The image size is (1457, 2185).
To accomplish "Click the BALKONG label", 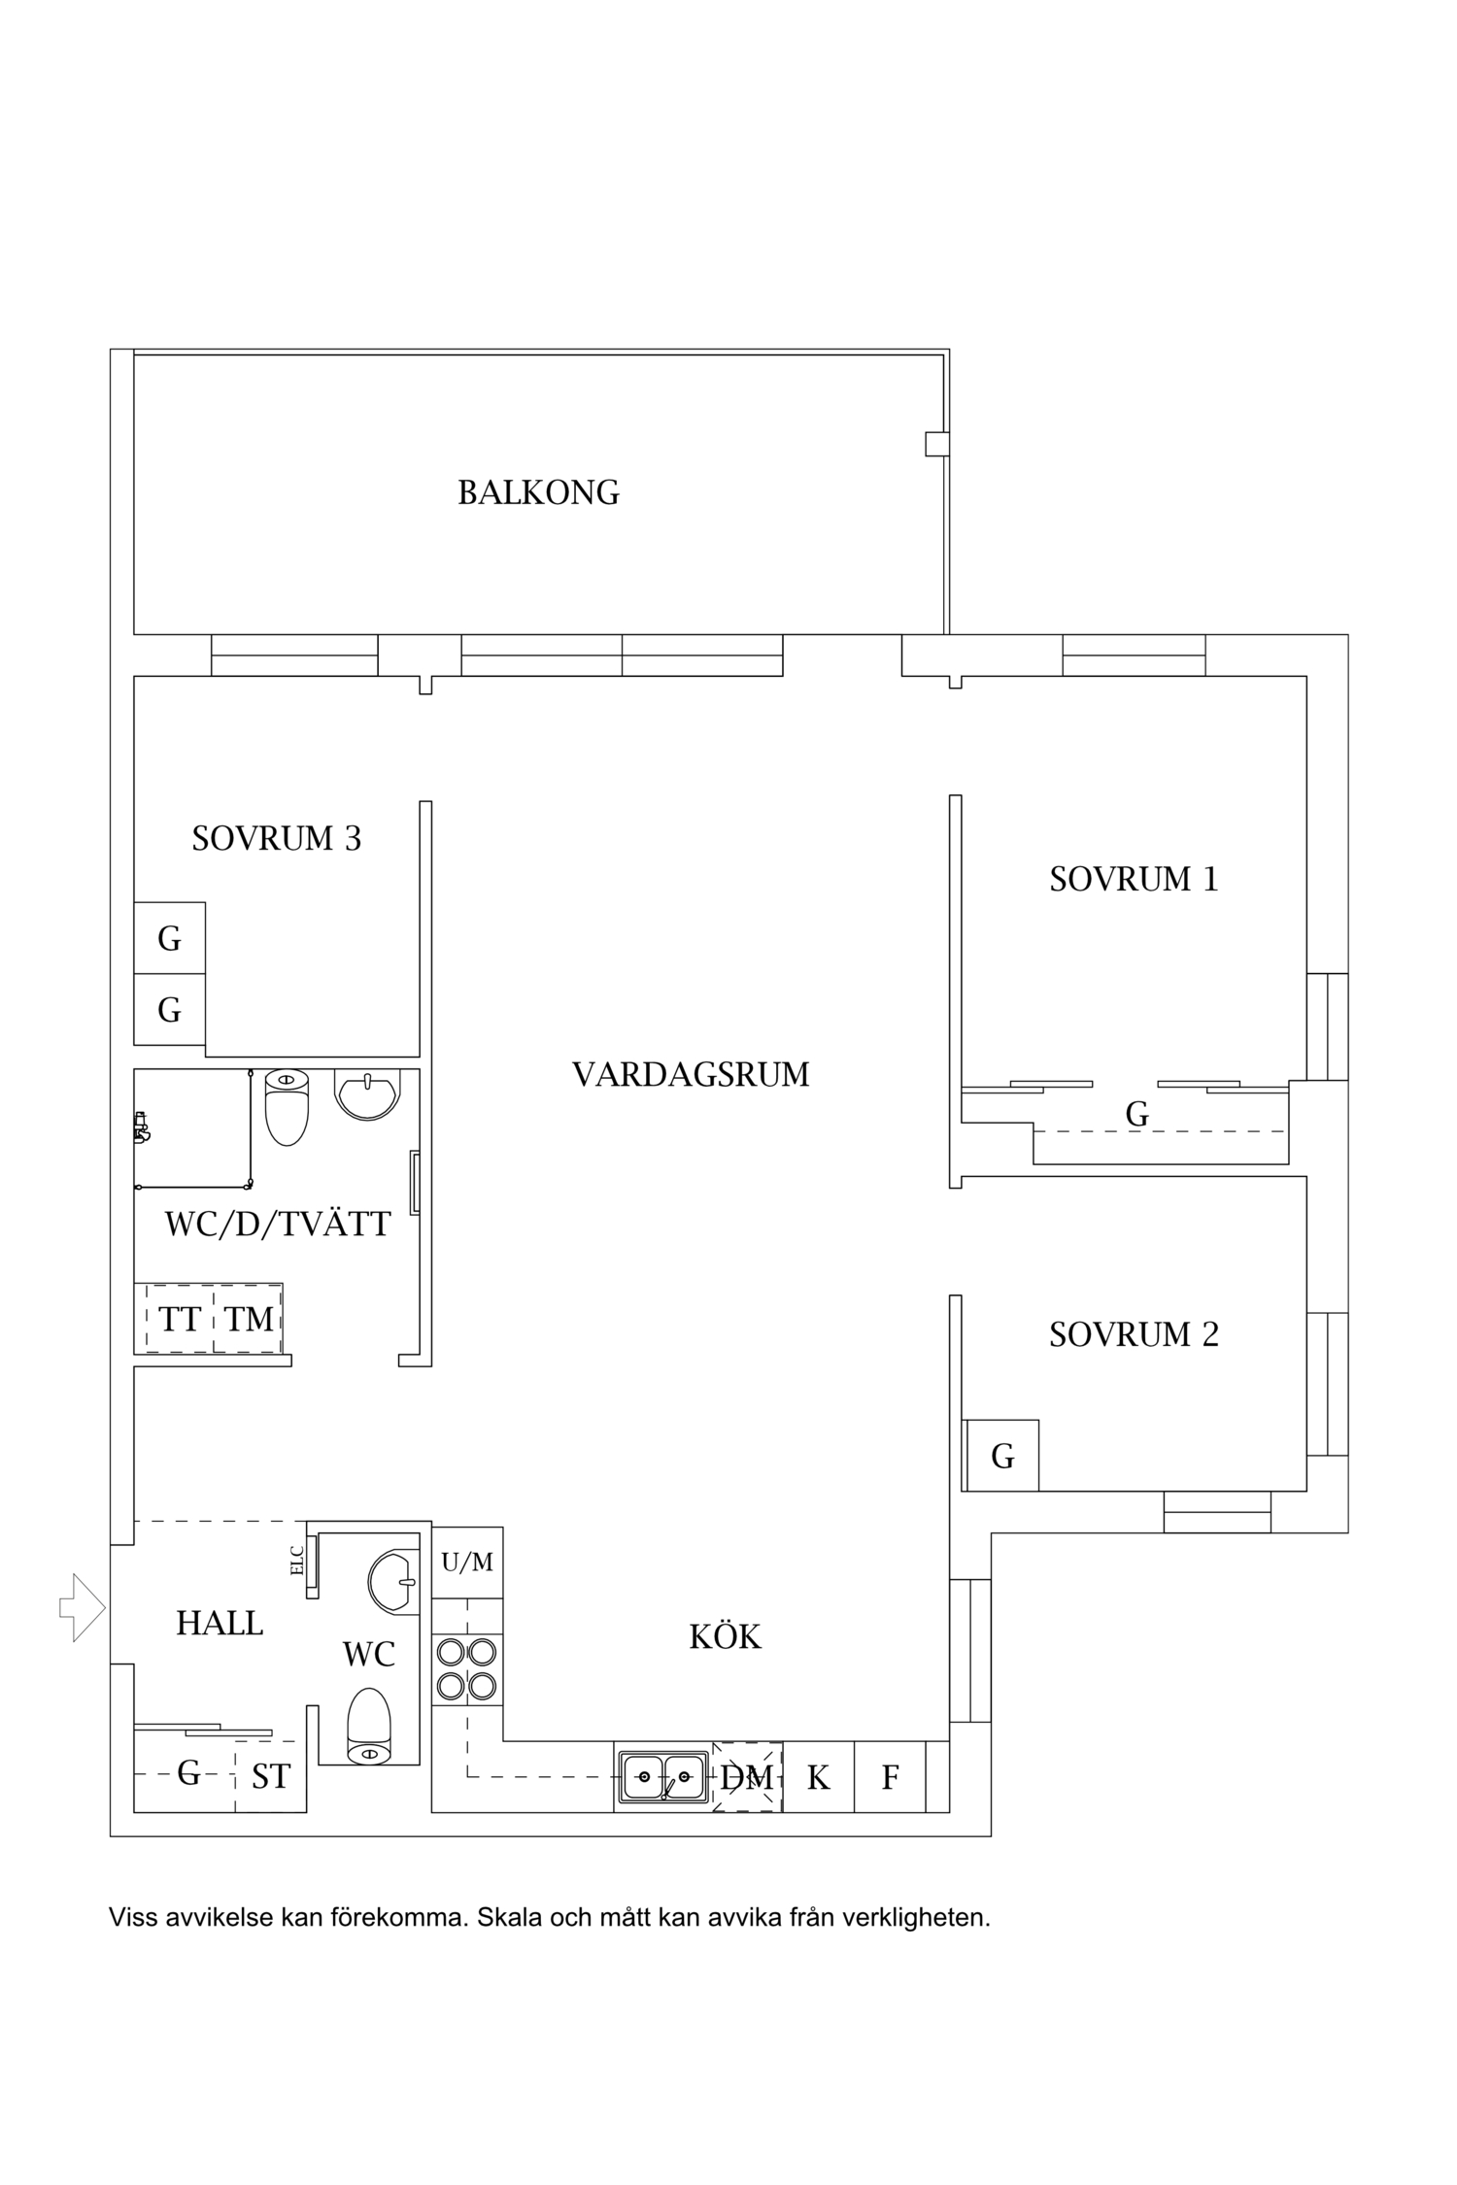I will tap(538, 492).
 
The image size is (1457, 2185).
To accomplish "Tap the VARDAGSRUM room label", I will tap(690, 1074).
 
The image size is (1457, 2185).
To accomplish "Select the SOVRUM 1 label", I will tap(1133, 879).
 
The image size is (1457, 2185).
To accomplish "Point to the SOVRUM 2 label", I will tap(1133, 1334).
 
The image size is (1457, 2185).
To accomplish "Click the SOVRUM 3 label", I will tap(276, 838).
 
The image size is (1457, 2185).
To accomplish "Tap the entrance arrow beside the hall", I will tap(83, 1608).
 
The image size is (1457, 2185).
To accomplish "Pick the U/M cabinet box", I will tap(467, 1563).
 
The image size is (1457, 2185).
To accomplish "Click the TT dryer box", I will tap(180, 1319).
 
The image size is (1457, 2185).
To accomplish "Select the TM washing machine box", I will tap(249, 1319).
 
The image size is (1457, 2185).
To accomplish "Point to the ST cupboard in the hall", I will tap(270, 1776).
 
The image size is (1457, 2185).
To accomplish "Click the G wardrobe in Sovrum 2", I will tap(1002, 1456).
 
